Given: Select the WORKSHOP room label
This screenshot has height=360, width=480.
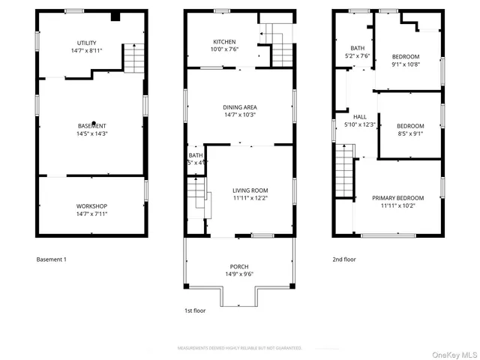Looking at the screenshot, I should tap(92, 206).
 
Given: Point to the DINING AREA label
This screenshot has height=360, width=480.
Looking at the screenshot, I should tap(239, 107).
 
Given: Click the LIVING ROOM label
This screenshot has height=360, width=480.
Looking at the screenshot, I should tap(250, 190).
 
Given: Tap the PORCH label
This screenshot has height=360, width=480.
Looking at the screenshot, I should tap(239, 267).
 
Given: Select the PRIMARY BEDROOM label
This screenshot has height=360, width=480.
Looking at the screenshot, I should tap(398, 198).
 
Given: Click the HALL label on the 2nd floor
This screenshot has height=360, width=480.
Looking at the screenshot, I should tap(359, 117).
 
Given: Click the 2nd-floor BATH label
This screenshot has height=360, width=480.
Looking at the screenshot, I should tap(347, 48).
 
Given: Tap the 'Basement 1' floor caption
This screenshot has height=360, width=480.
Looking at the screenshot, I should tap(52, 259).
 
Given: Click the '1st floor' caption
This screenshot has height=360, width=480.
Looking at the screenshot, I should tap(195, 310).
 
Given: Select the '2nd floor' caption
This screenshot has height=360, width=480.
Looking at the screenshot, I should tap(343, 259).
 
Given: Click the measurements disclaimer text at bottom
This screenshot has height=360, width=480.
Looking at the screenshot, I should tap(239, 348).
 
